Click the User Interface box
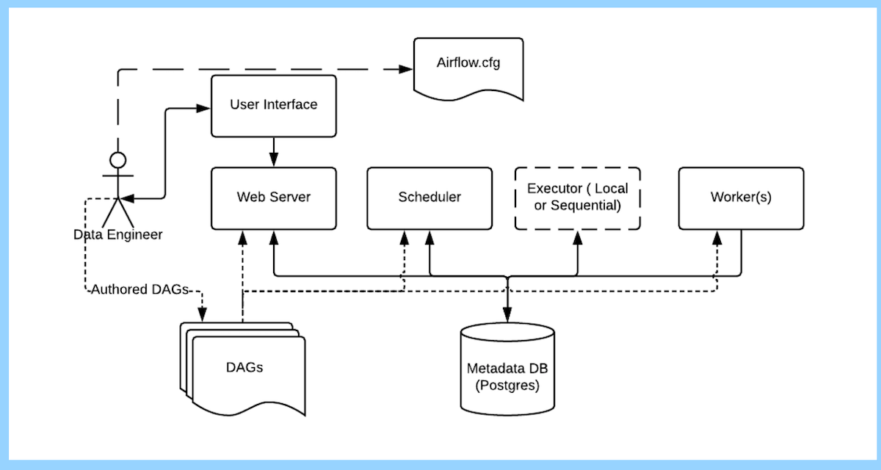click(273, 105)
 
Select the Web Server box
click(273, 198)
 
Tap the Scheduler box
click(429, 198)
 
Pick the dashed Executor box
click(578, 198)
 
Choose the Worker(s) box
click(741, 198)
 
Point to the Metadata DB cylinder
click(507, 367)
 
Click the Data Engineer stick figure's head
click(117, 159)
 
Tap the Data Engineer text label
click(117, 235)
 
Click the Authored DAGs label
click(139, 290)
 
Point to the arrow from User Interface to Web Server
click(274, 151)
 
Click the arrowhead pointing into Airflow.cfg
click(406, 70)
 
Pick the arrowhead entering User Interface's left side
click(205, 109)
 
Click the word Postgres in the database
click(507, 385)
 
